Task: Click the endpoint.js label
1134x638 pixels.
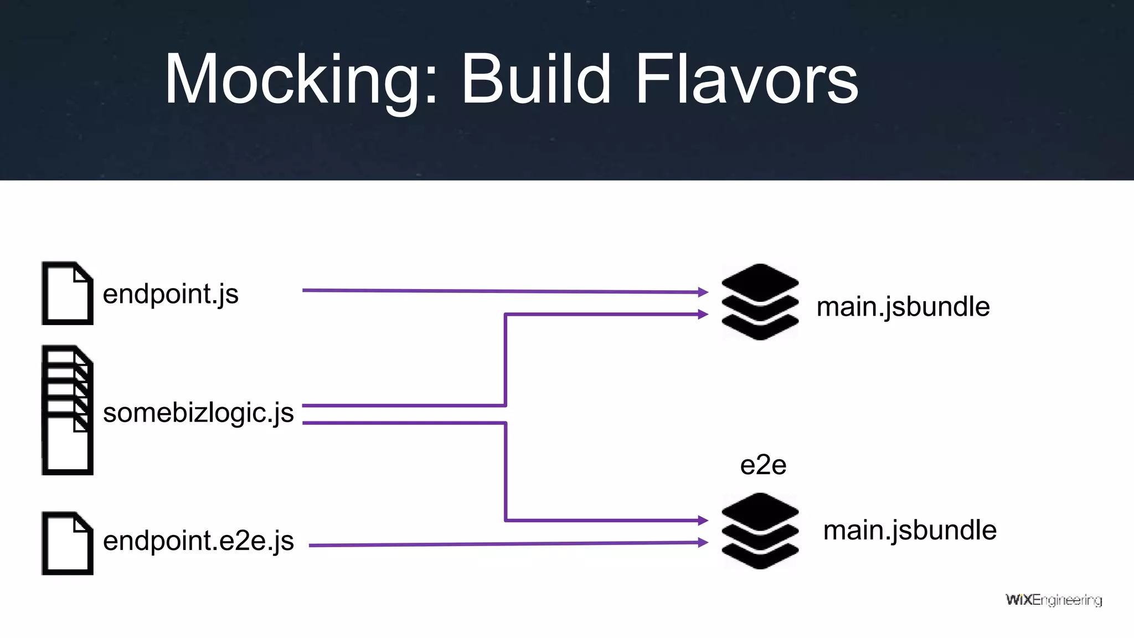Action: point(171,294)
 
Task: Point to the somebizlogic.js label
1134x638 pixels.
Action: point(198,413)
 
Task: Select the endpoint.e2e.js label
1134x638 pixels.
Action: point(198,541)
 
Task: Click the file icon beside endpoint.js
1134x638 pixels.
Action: point(67,294)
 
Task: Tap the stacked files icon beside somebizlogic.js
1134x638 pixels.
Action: point(67,410)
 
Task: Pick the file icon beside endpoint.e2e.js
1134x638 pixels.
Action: point(67,543)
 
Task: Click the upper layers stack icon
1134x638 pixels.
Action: point(760,302)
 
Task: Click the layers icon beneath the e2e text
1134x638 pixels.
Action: point(760,531)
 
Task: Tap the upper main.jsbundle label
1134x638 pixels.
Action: point(903,307)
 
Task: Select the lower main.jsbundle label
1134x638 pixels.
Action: point(910,531)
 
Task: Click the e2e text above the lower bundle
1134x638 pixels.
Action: point(763,465)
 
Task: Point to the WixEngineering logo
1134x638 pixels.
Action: point(1053,600)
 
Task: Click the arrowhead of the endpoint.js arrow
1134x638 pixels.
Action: point(703,292)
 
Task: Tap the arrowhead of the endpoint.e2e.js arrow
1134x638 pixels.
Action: point(703,542)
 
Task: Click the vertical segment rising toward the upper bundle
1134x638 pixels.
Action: point(506,360)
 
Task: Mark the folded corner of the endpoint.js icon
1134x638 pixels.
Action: point(81,274)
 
